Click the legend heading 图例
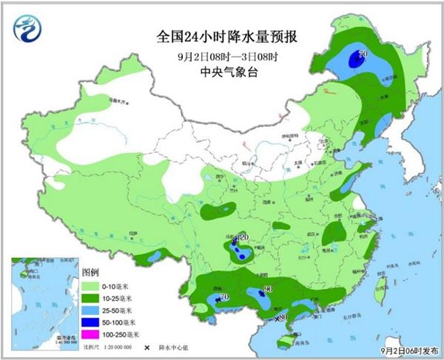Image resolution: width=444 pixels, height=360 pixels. click(x=90, y=272)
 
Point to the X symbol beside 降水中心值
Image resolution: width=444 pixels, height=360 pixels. click(x=147, y=346)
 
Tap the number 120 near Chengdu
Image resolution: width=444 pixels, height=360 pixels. click(x=243, y=237)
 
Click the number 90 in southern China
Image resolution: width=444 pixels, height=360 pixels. click(x=269, y=288)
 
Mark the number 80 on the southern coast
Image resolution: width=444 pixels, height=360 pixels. click(x=282, y=318)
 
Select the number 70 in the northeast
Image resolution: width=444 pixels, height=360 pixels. click(x=363, y=54)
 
